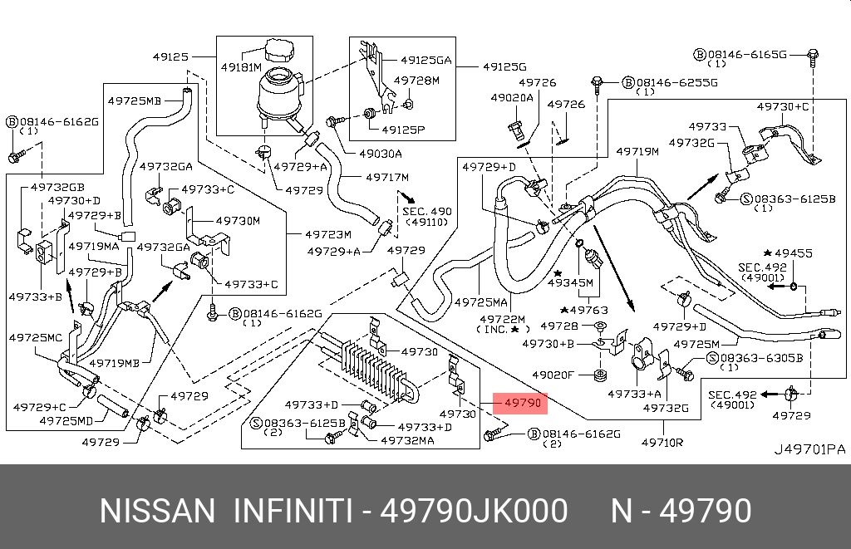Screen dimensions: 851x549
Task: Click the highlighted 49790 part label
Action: [523, 403]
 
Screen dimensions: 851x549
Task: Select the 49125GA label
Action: [426, 61]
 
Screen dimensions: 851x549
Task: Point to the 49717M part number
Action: [387, 177]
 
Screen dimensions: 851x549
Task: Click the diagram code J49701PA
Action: [809, 449]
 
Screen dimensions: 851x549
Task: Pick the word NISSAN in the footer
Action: [157, 511]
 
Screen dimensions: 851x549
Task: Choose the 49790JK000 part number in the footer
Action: [474, 511]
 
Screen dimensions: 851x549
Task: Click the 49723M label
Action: [327, 234]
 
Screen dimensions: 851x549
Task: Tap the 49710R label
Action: [662, 443]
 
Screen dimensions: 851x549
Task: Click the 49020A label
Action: [512, 98]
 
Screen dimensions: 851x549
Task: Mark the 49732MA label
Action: [407, 440]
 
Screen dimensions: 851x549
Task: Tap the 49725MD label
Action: [66, 420]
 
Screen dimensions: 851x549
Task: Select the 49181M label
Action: [241, 67]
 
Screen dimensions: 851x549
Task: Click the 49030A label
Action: [381, 154]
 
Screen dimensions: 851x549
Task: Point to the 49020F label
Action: [553, 375]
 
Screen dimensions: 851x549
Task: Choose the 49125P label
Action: [403, 130]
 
